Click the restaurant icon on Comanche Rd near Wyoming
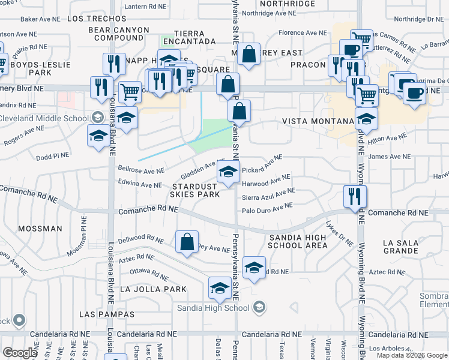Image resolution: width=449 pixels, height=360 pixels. pyautogui.click(x=355, y=197)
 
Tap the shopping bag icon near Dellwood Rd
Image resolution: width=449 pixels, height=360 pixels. pyautogui.click(x=187, y=242)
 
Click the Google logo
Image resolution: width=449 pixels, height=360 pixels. pyautogui.click(x=20, y=352)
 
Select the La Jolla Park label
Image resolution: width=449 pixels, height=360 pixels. pyautogui.click(x=153, y=289)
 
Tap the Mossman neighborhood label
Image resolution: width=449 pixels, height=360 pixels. pyautogui.click(x=40, y=229)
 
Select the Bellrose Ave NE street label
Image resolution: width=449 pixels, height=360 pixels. pyautogui.click(x=142, y=170)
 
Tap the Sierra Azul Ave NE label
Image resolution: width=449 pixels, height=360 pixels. pyautogui.click(x=268, y=194)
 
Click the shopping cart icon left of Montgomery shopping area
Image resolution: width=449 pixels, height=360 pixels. pyautogui.click(x=130, y=92)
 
